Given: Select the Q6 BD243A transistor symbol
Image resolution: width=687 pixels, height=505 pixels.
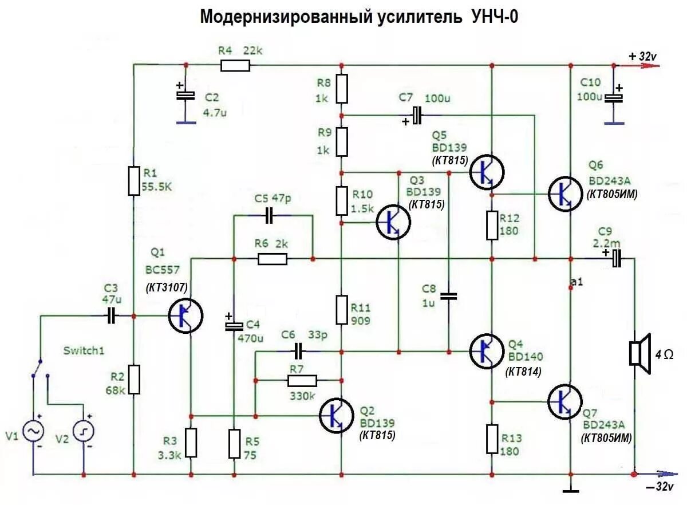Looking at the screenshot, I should [x=565, y=194].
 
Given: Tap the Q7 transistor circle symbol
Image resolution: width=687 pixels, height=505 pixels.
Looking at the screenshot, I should [x=564, y=401].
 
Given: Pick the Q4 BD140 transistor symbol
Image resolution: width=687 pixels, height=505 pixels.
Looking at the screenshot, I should [x=487, y=350].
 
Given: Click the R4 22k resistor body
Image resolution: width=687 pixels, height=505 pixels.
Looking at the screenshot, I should [x=235, y=65].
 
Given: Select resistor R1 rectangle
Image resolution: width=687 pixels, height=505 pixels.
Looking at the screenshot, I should [x=133, y=180].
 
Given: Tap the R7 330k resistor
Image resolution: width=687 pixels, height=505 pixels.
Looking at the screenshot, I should [x=302, y=380].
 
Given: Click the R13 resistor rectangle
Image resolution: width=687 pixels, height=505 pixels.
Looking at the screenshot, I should [x=492, y=439].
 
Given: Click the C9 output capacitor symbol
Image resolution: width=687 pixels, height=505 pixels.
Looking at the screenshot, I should [x=615, y=259].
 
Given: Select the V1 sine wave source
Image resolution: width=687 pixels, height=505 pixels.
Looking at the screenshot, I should [x=33, y=431].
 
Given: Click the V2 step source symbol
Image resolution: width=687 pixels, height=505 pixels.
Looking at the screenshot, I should [x=84, y=431].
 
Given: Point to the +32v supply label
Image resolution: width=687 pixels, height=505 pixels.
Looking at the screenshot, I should [x=643, y=56].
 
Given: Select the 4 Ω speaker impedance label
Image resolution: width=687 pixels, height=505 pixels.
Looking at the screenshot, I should [x=665, y=355].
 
